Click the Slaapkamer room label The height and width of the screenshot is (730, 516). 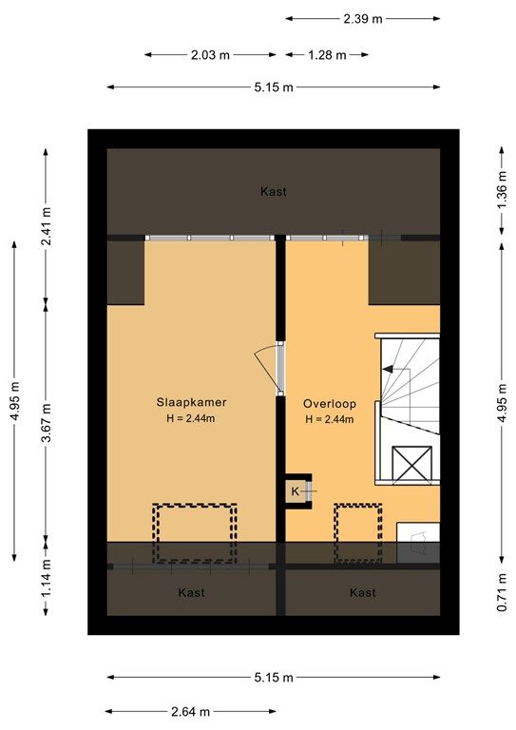pyautogui.click(x=192, y=402)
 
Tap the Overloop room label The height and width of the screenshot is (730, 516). pyautogui.click(x=329, y=402)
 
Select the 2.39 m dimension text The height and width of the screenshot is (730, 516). pyautogui.click(x=363, y=18)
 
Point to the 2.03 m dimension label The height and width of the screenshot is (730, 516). pyautogui.click(x=211, y=54)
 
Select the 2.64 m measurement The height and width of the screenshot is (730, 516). pyautogui.click(x=191, y=712)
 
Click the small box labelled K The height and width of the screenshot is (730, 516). pyautogui.click(x=296, y=491)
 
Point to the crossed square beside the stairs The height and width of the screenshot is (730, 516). pyautogui.click(x=412, y=466)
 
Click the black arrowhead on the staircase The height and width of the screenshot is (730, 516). pyautogui.click(x=388, y=369)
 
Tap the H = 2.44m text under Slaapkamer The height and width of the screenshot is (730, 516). pyautogui.click(x=192, y=419)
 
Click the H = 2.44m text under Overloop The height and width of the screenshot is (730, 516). pyautogui.click(x=329, y=419)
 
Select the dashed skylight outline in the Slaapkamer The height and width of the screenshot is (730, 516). pyautogui.click(x=194, y=532)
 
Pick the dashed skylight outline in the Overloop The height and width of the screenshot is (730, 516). pyautogui.click(x=357, y=532)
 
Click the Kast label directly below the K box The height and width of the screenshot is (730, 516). pyautogui.click(x=362, y=593)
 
